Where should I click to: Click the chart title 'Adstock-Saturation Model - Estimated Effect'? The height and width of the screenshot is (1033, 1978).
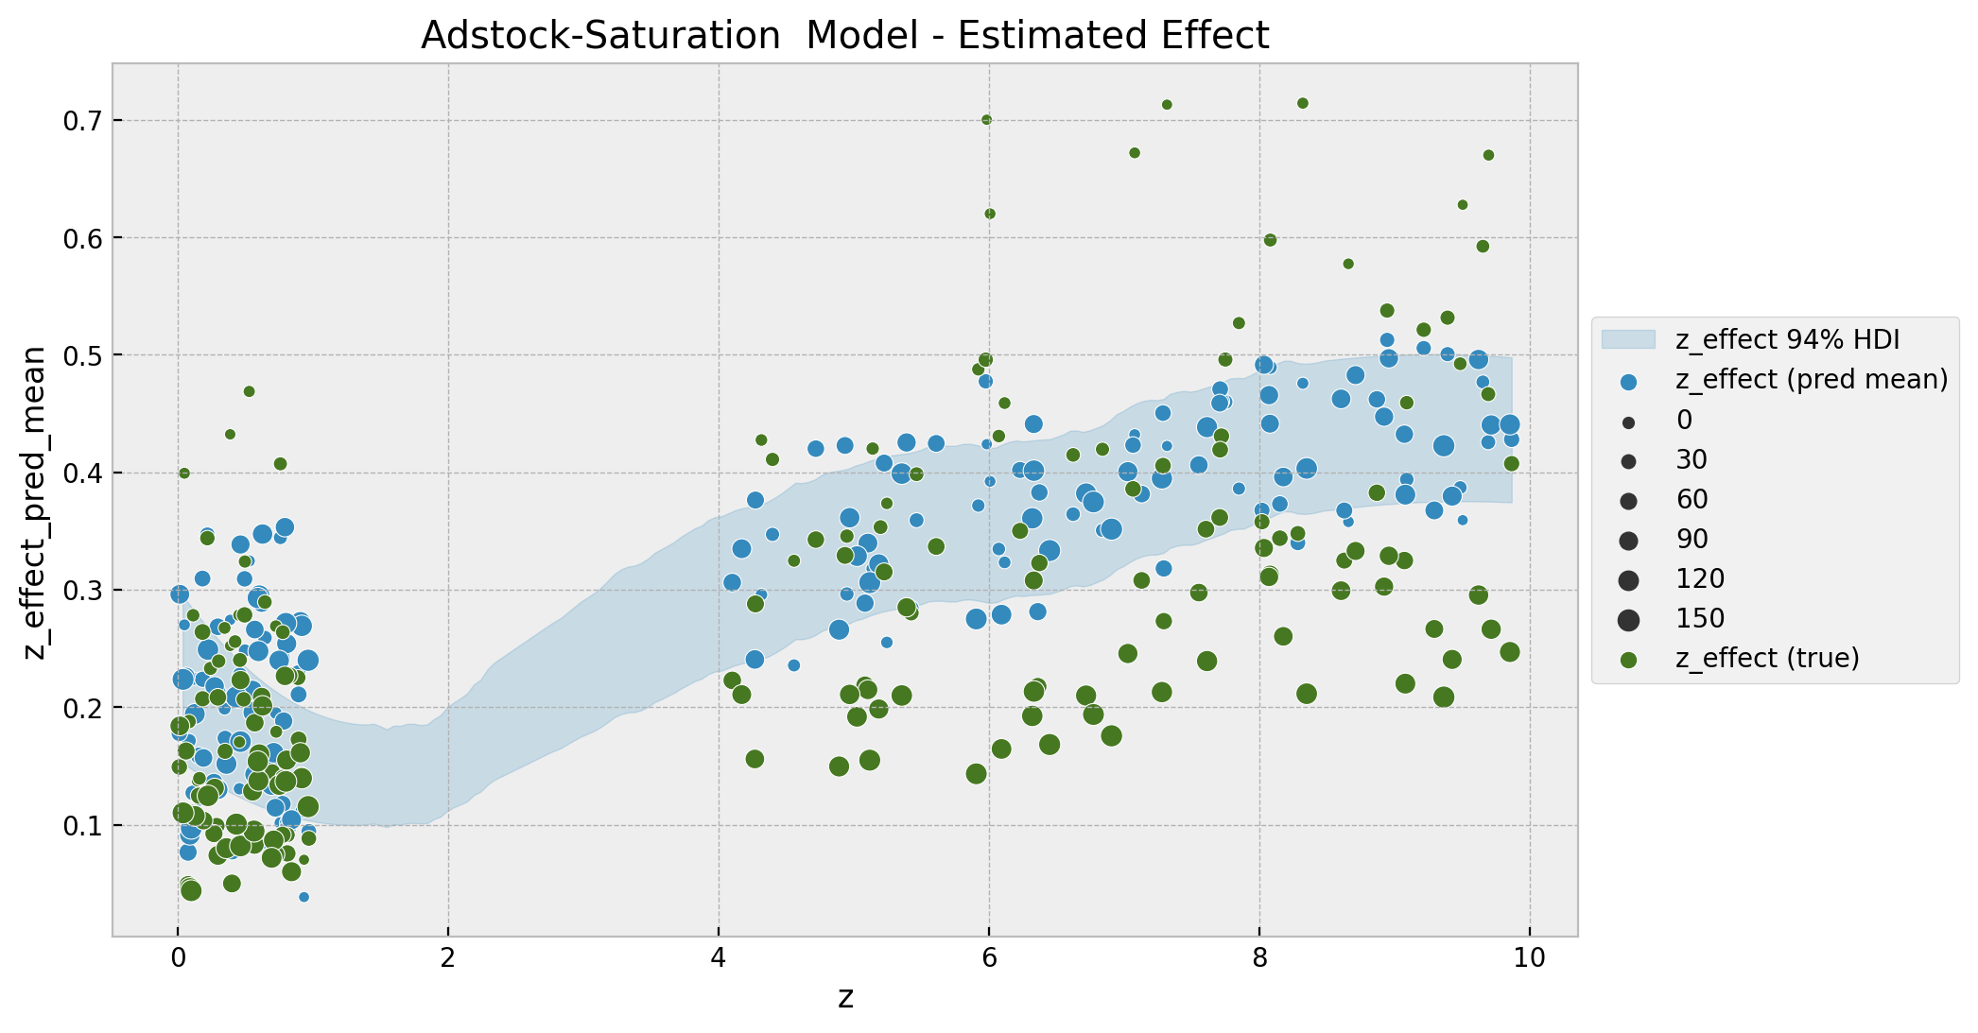click(844, 36)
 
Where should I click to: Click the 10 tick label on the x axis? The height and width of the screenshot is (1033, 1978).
click(1529, 959)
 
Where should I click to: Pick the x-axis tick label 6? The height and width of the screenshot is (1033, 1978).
click(989, 959)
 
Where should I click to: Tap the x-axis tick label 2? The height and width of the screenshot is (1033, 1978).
click(448, 959)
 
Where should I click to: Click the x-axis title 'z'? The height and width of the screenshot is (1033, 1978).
click(845, 997)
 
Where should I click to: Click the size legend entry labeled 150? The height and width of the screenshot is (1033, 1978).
click(1700, 619)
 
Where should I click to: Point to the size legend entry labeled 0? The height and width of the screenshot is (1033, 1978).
click(1683, 421)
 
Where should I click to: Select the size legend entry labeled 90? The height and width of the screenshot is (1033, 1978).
click(1692, 540)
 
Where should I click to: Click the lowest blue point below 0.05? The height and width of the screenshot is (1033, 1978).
click(304, 897)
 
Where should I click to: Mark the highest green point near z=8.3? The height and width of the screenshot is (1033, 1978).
click(1302, 103)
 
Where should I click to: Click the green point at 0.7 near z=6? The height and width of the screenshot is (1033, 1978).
click(986, 120)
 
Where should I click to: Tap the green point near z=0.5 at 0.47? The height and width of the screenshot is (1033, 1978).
click(249, 391)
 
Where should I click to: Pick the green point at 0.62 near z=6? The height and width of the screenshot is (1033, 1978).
click(990, 214)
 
